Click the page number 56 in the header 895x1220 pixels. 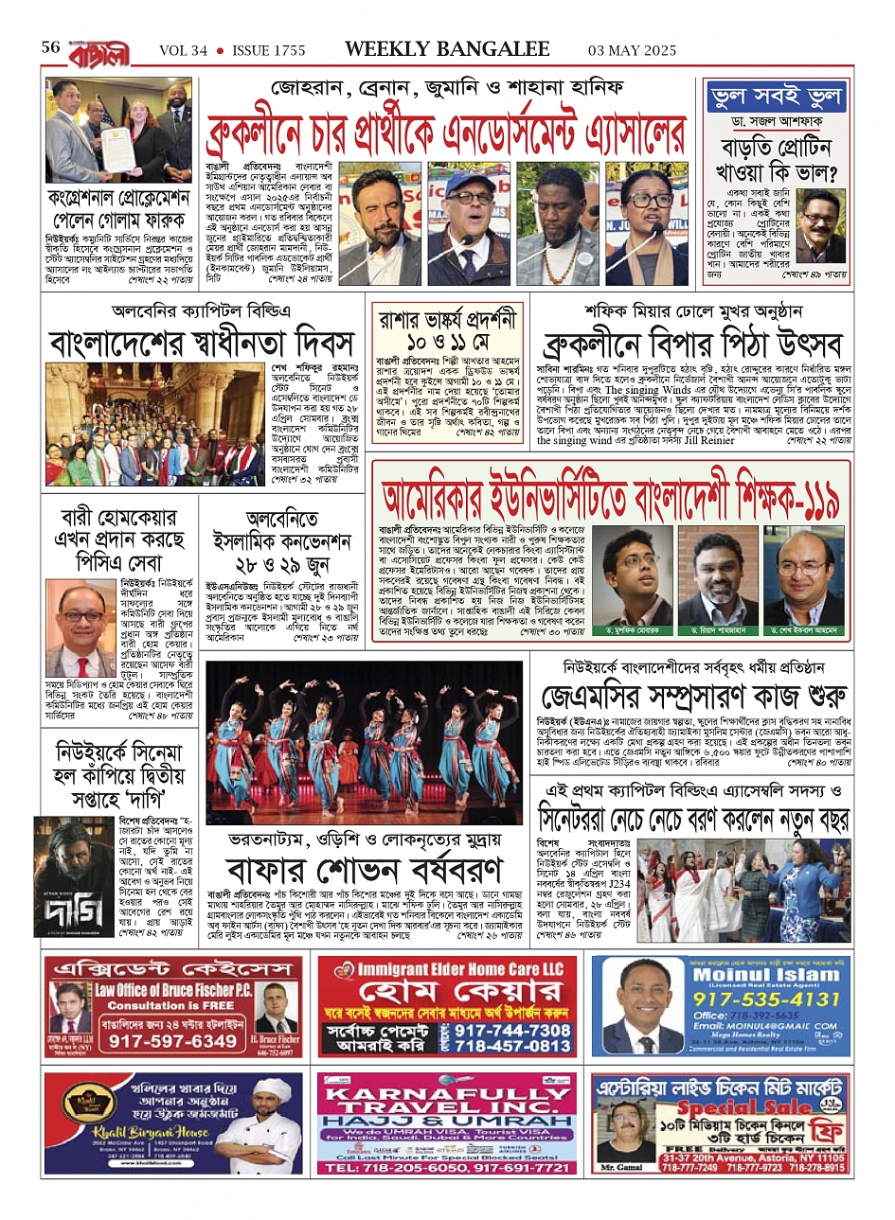pos(51,48)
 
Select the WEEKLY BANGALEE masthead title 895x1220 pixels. pos(447,49)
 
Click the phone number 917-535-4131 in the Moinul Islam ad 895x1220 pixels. pos(767,999)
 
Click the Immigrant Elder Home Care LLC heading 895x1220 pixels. pos(453,968)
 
